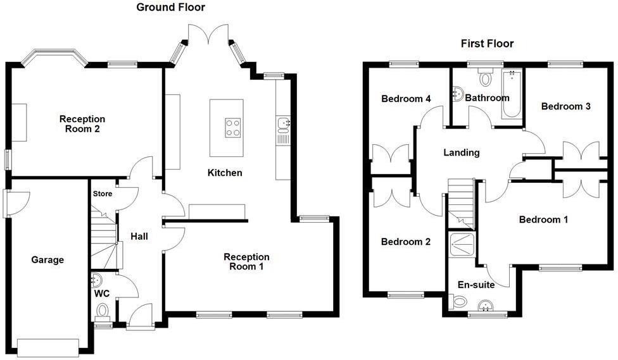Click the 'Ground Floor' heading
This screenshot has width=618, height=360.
coord(171,7)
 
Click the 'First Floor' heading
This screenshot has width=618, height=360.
coord(486,44)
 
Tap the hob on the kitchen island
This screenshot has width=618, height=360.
coord(232,128)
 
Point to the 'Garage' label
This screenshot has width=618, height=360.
coord(47,259)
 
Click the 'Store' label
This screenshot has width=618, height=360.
coord(102,194)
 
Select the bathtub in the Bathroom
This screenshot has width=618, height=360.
coord(511,96)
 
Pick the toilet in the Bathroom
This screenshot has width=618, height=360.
coord(486,78)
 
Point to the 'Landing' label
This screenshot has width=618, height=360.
coord(461,152)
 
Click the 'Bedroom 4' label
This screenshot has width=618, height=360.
coord(406,99)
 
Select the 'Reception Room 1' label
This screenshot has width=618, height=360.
coord(246,262)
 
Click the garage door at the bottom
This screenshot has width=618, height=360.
coord(48,347)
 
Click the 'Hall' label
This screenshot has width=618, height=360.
coord(139,237)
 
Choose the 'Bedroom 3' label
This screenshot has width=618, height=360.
coord(565,106)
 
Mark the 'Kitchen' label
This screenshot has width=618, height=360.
coord(225,173)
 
